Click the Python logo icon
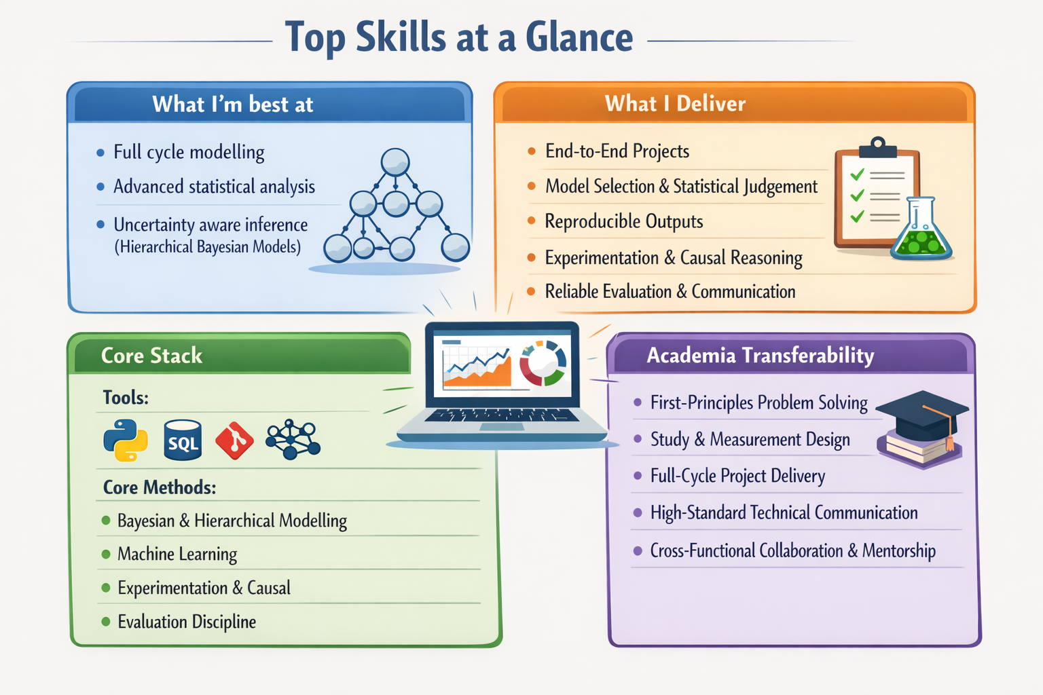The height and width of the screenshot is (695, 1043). tap(126, 440)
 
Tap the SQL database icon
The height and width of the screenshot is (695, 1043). tap(183, 440)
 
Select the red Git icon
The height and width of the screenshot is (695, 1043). tap(234, 440)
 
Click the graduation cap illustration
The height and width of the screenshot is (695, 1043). tap(921, 413)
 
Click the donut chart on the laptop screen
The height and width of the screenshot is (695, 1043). tap(543, 362)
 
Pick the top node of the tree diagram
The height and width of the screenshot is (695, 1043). tap(395, 162)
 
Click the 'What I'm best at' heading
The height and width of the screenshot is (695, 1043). tap(232, 105)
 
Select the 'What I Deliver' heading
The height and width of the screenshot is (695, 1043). tap(675, 104)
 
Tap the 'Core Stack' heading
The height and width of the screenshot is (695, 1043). tap(151, 356)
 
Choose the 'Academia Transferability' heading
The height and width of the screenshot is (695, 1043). tap(760, 356)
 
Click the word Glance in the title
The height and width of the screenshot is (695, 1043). tap(579, 37)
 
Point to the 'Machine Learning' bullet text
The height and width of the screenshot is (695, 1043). tap(177, 555)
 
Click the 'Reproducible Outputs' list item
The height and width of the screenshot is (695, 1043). tap(623, 222)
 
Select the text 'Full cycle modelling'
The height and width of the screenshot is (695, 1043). tap(189, 152)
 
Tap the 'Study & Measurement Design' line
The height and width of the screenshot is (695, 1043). tap(750, 440)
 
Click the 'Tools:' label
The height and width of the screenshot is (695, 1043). tap(126, 398)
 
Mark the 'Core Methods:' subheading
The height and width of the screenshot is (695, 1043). tap(160, 487)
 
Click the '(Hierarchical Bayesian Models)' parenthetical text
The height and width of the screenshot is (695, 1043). tap(207, 247)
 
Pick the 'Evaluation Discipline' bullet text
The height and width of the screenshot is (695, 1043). tap(187, 622)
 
